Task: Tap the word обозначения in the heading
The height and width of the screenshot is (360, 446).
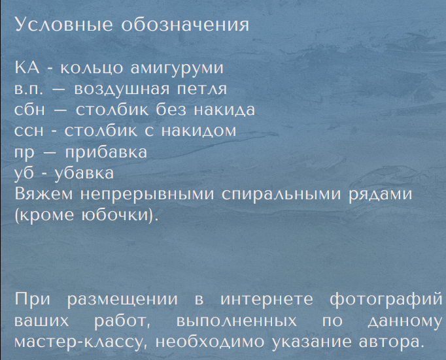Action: pyautogui.click(x=185, y=25)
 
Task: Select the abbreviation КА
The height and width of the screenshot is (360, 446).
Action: pyautogui.click(x=27, y=67)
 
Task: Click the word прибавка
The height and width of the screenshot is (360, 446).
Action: pyautogui.click(x=106, y=152)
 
